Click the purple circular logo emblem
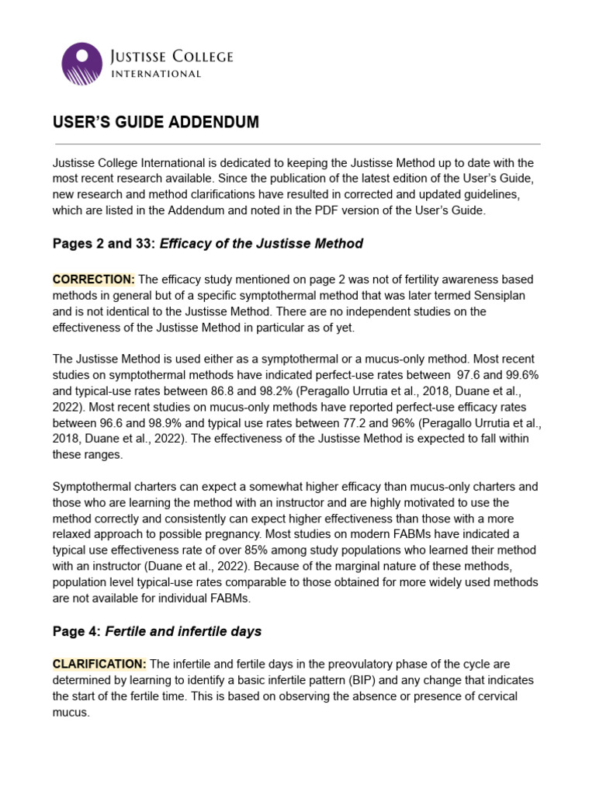point(81,64)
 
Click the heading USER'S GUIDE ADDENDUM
point(155,123)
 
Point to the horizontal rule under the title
point(296,144)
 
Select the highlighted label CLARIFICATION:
point(99,663)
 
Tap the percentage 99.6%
point(518,374)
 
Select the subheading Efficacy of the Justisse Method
point(261,243)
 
